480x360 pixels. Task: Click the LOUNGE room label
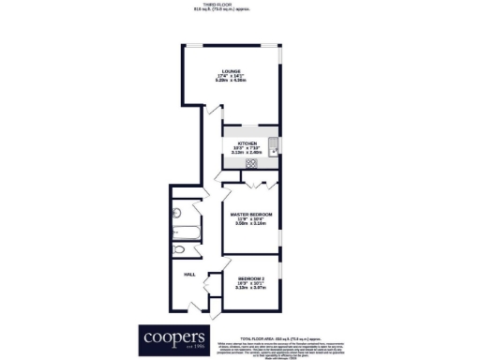pyautogui.click(x=232, y=71)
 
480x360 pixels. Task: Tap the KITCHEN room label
pyautogui.click(x=247, y=143)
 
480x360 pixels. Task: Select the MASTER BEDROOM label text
pyautogui.click(x=251, y=215)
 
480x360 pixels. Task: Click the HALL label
pyautogui.click(x=188, y=274)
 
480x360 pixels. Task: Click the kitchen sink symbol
pyautogui.click(x=272, y=146)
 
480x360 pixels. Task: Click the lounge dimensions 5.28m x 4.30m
pyautogui.click(x=232, y=82)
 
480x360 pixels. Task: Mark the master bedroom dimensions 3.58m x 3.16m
pyautogui.click(x=251, y=225)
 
